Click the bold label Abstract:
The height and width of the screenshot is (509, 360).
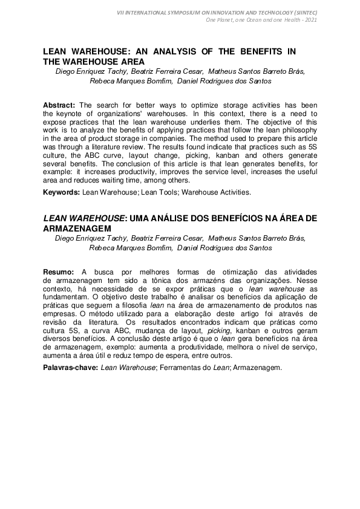[x=60, y=105]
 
